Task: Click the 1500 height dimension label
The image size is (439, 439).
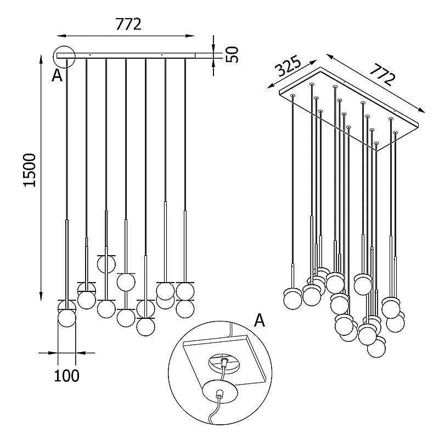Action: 30,170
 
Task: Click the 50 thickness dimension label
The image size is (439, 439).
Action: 232,54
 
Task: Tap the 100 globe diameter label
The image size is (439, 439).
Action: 66,375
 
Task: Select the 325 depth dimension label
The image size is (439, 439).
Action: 288,67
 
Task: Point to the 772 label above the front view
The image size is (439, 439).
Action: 128,24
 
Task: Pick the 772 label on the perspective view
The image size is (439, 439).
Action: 382,75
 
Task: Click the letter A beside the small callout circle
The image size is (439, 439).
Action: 57,75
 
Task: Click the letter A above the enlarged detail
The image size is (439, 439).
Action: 259,320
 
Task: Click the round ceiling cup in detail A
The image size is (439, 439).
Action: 220,392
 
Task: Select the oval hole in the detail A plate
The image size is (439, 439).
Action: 224,362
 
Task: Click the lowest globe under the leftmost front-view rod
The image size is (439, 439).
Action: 66,318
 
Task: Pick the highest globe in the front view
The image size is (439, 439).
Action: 106,264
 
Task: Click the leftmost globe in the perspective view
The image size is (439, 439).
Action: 293,300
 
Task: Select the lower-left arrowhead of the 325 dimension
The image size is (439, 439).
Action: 271,86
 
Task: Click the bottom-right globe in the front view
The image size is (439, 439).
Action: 185,309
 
